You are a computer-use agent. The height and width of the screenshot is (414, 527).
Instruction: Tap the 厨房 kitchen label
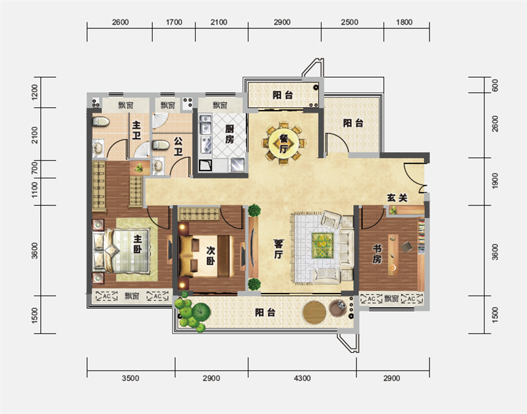pos(229,134)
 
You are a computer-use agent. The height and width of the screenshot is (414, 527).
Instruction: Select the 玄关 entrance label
pos(397,197)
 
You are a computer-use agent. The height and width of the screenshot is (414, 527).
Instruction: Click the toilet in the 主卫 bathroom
pos(101,121)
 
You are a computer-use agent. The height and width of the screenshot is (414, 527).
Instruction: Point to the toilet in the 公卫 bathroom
pos(161,145)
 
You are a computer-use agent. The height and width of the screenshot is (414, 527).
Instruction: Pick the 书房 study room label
pos(377,254)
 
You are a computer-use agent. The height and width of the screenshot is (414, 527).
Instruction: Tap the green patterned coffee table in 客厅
pos(322,246)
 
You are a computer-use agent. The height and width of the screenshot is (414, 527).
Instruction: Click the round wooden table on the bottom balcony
pos(314,313)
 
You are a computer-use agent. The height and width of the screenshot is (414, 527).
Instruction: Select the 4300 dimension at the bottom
pos(302,378)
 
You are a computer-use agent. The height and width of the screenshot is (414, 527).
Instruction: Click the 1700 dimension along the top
pos(174,22)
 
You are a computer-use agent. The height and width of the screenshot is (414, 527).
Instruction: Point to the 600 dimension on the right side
pos(495,86)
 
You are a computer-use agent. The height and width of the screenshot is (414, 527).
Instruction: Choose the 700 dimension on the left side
pos(35,168)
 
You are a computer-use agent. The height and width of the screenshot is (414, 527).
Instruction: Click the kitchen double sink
pos(206,125)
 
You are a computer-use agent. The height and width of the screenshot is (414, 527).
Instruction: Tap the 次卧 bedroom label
pos(211,255)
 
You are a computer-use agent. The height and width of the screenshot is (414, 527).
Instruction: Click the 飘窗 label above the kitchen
pos(220,105)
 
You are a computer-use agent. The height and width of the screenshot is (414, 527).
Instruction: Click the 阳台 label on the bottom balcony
pos(265,313)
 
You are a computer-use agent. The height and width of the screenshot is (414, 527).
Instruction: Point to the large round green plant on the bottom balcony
pos(201,312)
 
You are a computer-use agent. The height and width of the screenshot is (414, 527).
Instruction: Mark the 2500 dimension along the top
pos(350,22)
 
